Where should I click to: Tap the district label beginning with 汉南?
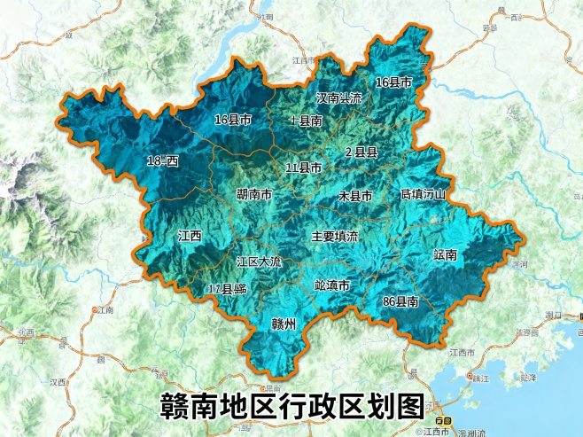pyautogui.click(x=339, y=98)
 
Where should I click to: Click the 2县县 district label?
pyautogui.click(x=361, y=152)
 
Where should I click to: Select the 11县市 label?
pyautogui.click(x=303, y=168)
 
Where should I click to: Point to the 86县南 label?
pyautogui.click(x=400, y=302)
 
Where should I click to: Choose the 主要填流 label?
pyautogui.click(x=334, y=237)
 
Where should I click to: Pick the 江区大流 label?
pyautogui.click(x=259, y=262)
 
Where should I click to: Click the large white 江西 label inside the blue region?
pyautogui.click(x=190, y=237)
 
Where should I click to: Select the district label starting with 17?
pyautogui.click(x=227, y=289)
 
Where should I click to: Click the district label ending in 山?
pyautogui.click(x=422, y=193)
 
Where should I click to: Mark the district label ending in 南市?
pyautogui.click(x=253, y=194)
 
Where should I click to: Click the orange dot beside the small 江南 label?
pyautogui.click(x=95, y=309)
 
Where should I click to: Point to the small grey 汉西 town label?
pyautogui.click(x=58, y=382)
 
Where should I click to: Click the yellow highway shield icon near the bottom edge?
pyautogui.click(x=445, y=419)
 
